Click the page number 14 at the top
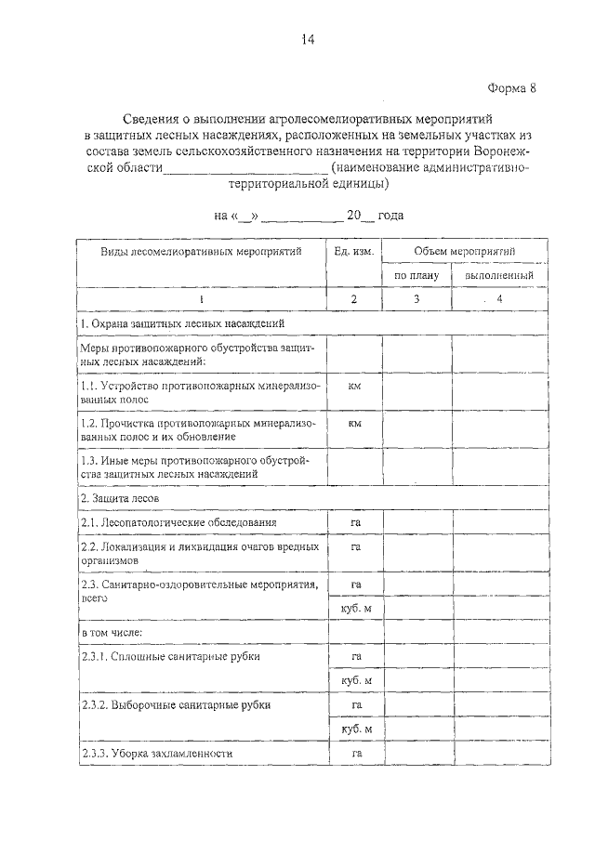(308, 38)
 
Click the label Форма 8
(512, 88)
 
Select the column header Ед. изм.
(354, 252)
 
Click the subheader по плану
(416, 276)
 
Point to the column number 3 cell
(416, 299)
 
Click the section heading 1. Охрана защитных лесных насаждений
(182, 323)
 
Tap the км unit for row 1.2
(354, 422)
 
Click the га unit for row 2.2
(354, 547)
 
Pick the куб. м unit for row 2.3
(354, 608)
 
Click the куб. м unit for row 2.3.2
(354, 729)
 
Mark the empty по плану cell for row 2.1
(416, 523)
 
